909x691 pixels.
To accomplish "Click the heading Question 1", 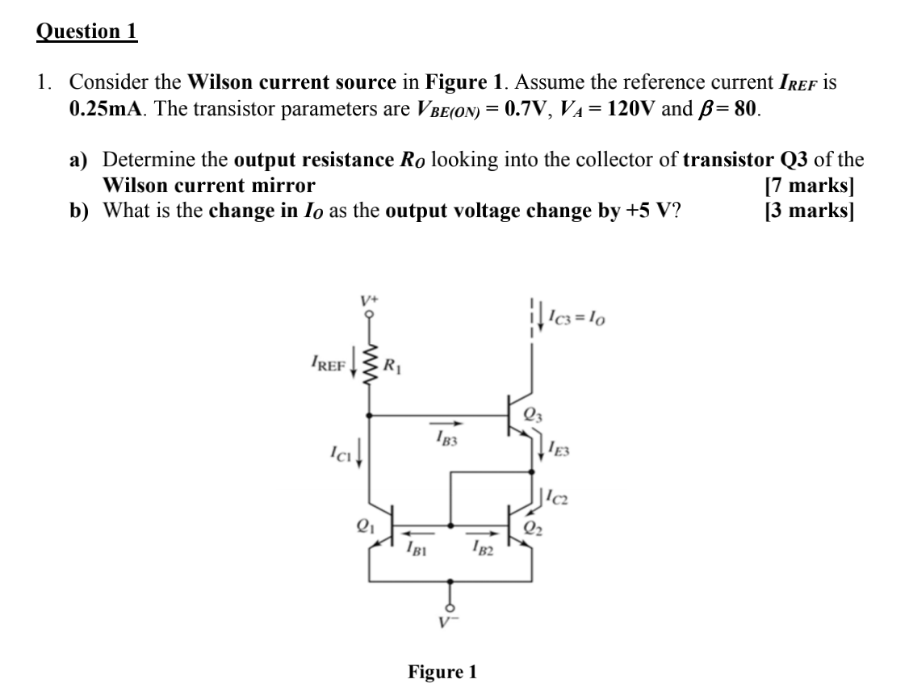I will pos(87,31).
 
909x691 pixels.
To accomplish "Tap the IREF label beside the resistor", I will pos(326,364).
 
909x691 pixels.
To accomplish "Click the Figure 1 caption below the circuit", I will pos(442,672).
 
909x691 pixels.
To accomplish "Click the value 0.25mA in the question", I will pos(107,109).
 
